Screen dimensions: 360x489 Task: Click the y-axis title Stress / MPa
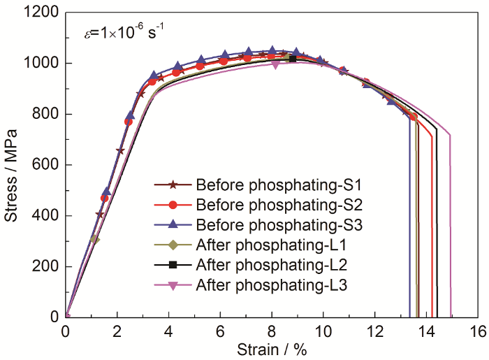click(12, 178)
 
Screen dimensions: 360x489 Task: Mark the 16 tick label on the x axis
click(478, 330)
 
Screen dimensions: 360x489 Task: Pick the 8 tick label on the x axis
click(272, 330)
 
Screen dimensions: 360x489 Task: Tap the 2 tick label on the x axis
click(117, 330)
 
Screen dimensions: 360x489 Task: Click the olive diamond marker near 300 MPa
click(94, 239)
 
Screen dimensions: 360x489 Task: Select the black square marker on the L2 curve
click(293, 59)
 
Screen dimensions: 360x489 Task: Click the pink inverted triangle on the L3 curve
click(276, 65)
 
